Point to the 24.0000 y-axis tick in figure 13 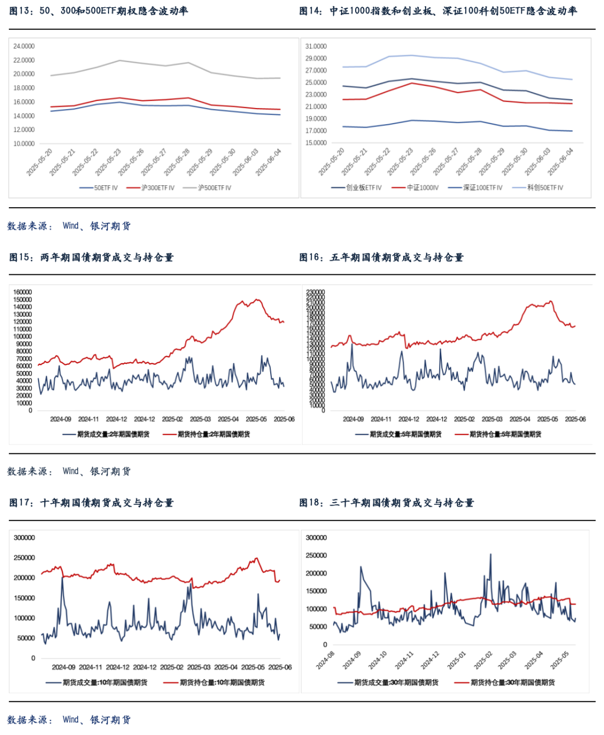[24, 46]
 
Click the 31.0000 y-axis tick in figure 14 [316, 46]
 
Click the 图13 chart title [98, 11]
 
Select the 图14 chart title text [438, 11]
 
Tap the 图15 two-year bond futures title [91, 258]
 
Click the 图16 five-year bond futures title [381, 258]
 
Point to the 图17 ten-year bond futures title [91, 503]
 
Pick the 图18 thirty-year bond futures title [386, 503]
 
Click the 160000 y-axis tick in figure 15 [22, 292]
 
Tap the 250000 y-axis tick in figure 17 [24, 558]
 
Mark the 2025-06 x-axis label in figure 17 [280, 667]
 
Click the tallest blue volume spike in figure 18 [490, 555]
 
